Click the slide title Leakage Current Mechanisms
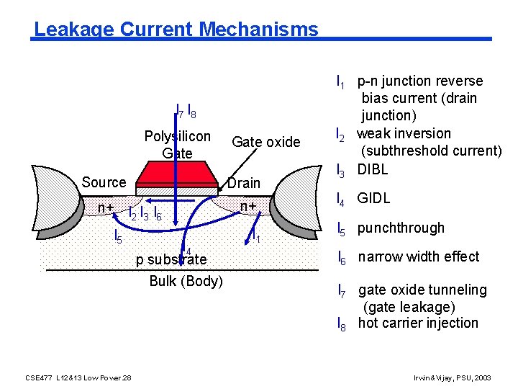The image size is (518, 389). coord(176,30)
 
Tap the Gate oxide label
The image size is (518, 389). coord(265,142)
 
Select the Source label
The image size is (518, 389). coord(104,182)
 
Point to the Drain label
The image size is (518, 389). coord(244,183)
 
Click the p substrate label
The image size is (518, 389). coord(171,259)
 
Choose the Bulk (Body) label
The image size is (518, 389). coord(186,281)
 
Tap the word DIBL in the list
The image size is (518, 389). coord(373,169)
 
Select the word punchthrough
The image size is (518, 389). coord(401,228)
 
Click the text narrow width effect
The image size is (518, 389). coord(419,256)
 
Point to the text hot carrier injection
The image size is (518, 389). coord(418,323)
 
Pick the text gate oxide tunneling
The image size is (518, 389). coord(422,290)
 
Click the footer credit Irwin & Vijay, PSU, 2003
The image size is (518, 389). coord(453,377)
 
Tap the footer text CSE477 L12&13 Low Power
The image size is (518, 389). coord(78,377)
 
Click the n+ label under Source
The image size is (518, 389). coord(107,207)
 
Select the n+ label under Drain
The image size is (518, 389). coord(249,207)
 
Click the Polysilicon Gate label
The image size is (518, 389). coord(178,144)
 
